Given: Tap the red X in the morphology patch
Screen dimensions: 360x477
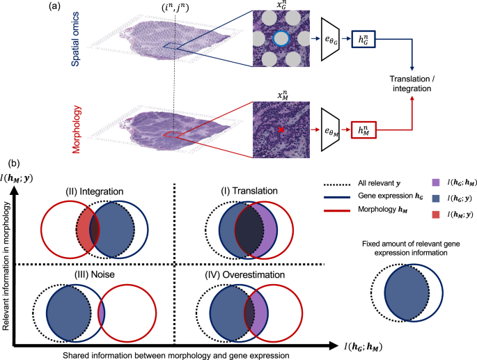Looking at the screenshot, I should [281, 130].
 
